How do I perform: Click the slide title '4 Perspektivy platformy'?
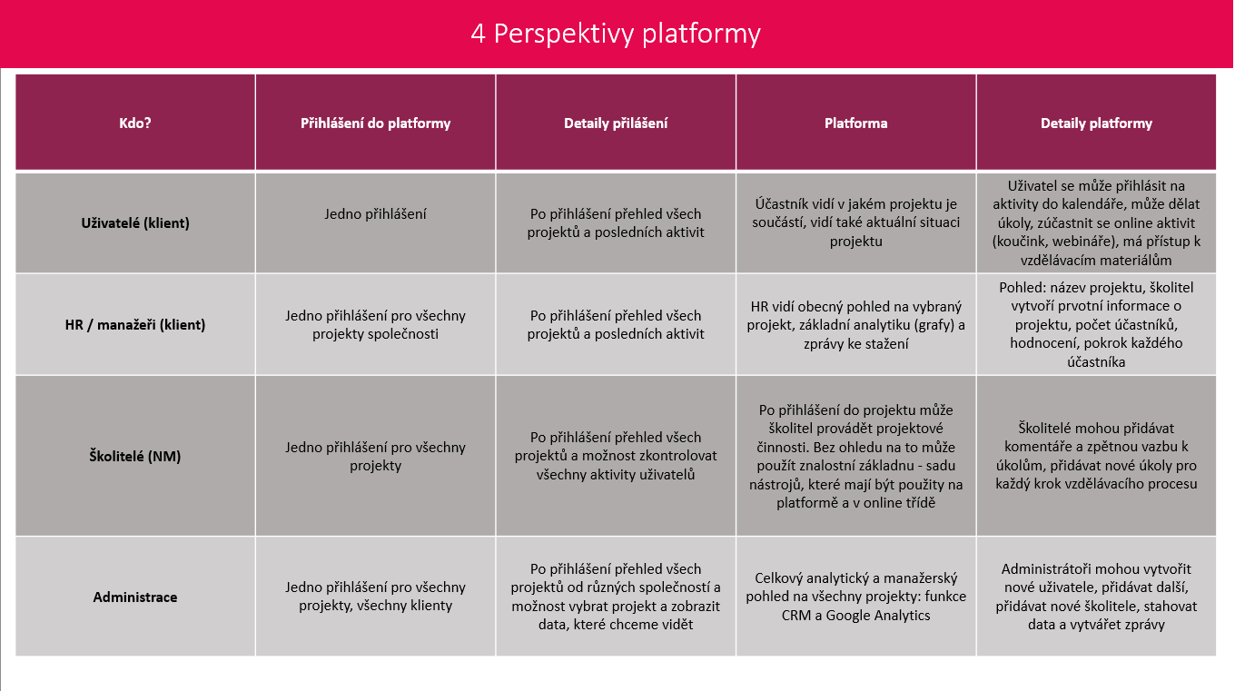[616, 34]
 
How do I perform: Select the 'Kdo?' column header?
[135, 123]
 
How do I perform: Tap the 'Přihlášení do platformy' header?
[375, 123]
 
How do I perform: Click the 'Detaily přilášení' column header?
[616, 123]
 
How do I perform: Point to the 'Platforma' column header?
[855, 123]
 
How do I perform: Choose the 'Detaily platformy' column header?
[1096, 123]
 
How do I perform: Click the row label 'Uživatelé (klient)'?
[135, 222]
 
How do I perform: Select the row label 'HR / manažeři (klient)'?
[135, 324]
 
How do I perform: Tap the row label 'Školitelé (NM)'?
[135, 456]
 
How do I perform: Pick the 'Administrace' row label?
[135, 597]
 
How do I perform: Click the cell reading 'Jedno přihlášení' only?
[375, 214]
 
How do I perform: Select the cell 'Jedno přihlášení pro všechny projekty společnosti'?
[375, 325]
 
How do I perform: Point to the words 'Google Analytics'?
[878, 616]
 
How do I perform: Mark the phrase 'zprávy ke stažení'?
[855, 344]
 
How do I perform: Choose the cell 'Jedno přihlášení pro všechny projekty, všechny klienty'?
[375, 597]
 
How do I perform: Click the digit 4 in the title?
[478, 35]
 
